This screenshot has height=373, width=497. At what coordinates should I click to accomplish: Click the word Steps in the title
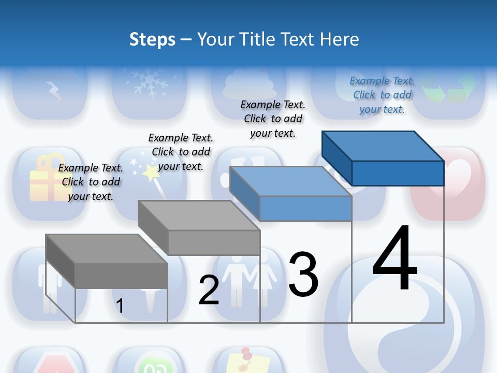click(152, 39)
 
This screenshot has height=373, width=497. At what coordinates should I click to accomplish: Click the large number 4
click(395, 259)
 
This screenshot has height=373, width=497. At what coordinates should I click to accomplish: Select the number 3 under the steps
click(303, 275)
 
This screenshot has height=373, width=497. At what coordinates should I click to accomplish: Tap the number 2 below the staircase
click(209, 290)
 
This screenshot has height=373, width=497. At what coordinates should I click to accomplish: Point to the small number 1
click(120, 306)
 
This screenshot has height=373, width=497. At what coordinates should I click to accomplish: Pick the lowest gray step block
click(106, 259)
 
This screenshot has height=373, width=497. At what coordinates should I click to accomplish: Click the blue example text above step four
click(382, 95)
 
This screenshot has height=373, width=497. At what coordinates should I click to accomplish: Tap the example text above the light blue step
click(273, 119)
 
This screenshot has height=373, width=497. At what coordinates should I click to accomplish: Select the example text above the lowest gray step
click(91, 182)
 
